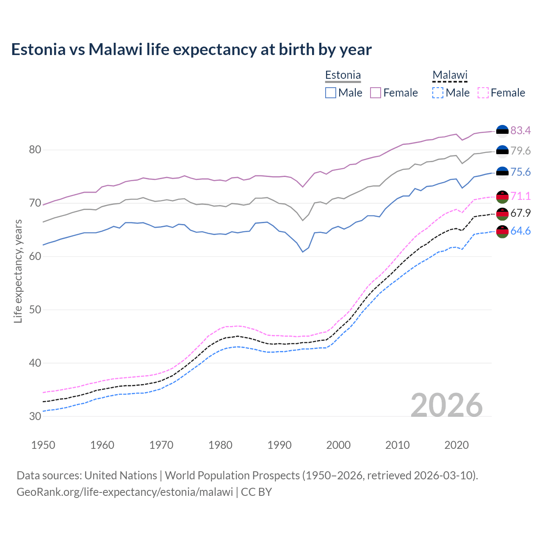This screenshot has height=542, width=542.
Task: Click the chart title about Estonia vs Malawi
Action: [191, 50]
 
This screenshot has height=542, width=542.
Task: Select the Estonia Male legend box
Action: [331, 93]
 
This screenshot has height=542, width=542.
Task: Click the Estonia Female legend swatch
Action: [376, 93]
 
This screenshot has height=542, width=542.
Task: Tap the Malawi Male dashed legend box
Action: [438, 93]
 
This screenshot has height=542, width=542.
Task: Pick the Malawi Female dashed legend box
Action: [483, 93]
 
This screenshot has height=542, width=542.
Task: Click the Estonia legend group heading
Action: [343, 75]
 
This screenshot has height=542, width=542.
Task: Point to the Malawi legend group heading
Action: [450, 75]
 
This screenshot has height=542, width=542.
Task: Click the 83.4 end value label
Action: [520, 130]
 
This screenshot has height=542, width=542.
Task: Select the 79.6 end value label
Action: [520, 151]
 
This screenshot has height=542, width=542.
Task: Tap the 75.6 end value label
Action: [520, 172]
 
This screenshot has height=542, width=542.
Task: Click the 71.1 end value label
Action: [520, 196]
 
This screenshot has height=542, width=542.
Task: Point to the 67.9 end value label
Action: [520, 213]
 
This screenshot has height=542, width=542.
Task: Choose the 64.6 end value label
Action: [520, 231]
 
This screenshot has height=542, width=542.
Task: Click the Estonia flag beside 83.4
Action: [502, 131]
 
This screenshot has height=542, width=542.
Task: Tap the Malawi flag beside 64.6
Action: [502, 232]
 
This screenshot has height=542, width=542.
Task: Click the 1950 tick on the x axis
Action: [43, 445]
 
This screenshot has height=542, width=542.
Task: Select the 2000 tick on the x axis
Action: [339, 445]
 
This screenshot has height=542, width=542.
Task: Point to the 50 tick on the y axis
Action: [35, 310]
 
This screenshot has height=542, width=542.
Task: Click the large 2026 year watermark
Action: [446, 405]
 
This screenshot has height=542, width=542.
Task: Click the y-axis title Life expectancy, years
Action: [18, 271]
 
